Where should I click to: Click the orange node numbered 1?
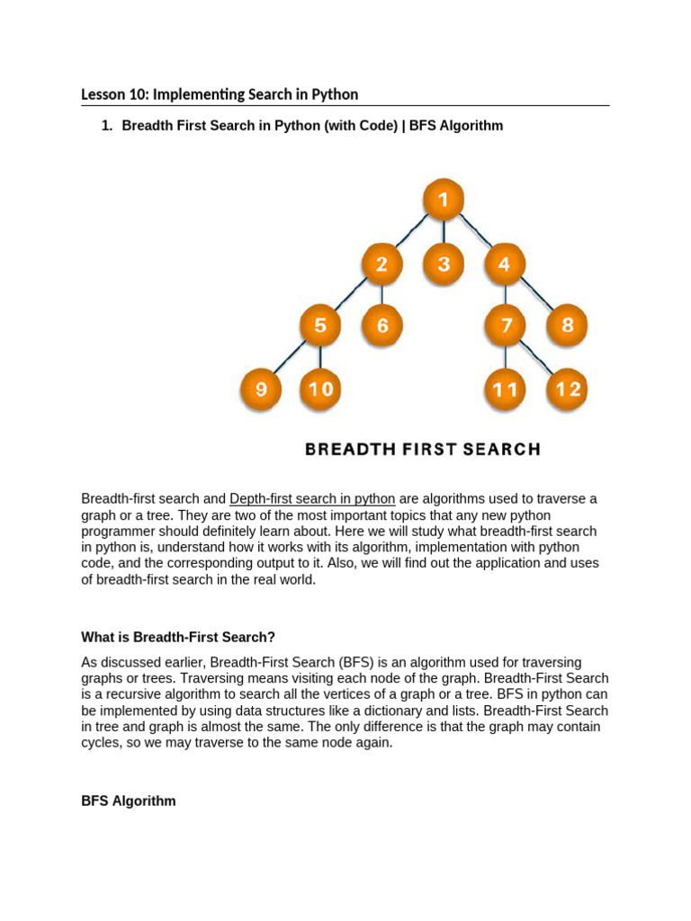(x=443, y=201)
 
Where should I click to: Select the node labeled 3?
(x=444, y=264)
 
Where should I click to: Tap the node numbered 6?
(x=382, y=325)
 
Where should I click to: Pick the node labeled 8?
(x=567, y=325)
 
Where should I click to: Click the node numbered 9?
(x=260, y=389)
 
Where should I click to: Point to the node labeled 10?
(x=320, y=389)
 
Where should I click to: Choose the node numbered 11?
(x=506, y=389)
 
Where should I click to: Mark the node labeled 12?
(x=568, y=389)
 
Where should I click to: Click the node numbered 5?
(x=320, y=325)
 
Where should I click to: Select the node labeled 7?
(x=507, y=325)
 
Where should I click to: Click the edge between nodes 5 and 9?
(x=290, y=357)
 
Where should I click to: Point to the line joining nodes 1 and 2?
(x=411, y=233)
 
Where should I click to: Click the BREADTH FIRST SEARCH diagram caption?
(x=423, y=449)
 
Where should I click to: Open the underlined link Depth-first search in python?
(x=312, y=499)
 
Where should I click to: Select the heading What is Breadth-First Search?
(x=178, y=637)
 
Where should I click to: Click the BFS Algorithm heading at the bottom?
(x=129, y=800)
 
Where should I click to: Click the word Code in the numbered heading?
(x=374, y=126)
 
